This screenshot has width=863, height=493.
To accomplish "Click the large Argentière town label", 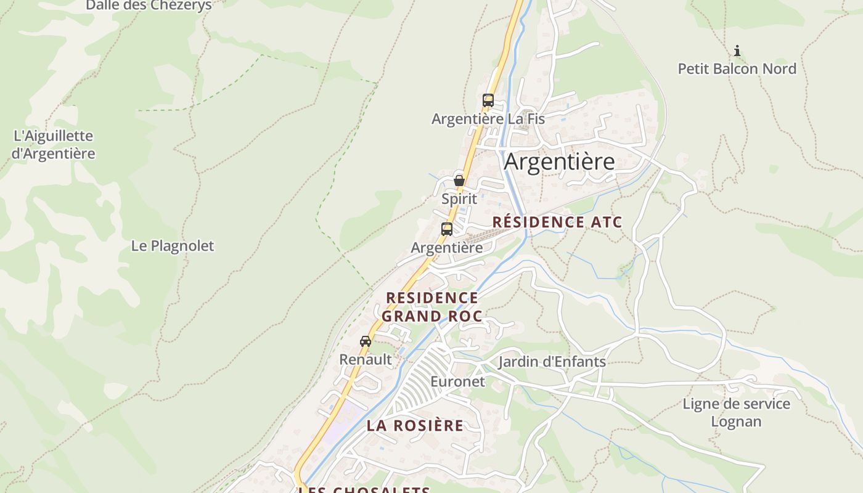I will coord(559,161).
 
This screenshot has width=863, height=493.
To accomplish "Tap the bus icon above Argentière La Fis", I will coord(488,100).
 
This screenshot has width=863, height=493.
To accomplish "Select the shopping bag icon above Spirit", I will coord(459,181).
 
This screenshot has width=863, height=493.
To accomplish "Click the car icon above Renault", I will coord(366,341).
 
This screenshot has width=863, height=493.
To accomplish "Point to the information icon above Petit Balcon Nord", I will coord(737,51).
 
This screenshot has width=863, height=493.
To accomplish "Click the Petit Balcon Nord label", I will coord(737,68).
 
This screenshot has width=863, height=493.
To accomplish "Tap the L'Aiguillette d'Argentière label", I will coord(53,144).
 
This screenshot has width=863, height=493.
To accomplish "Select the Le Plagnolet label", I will coord(173,246).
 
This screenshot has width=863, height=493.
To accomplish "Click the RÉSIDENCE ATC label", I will coord(557,222).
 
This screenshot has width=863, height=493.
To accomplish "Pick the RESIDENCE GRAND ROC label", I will coord(431,307).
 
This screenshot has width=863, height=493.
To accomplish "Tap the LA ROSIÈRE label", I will coord(415,425).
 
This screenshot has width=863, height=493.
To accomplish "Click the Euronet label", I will coord(457,381).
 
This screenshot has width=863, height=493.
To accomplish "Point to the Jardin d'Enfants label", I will coord(552,362).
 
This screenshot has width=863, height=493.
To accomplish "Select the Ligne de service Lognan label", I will coord(736,412).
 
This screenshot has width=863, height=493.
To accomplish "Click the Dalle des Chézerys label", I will coord(149,6).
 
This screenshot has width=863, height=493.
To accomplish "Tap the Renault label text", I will coord(366,359).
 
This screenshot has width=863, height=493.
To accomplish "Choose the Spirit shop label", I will coord(459,199).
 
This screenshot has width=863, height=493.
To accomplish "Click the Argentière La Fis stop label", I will coord(488,118).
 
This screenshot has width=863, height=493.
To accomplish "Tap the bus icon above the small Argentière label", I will coord(447,229).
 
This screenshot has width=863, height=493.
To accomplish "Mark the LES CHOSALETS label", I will coord(364,489).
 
